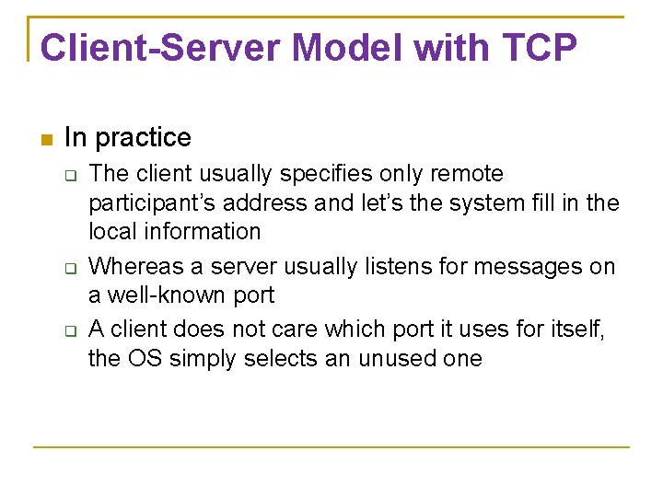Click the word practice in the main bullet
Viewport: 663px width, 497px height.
point(143,138)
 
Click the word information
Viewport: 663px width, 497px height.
point(207,232)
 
